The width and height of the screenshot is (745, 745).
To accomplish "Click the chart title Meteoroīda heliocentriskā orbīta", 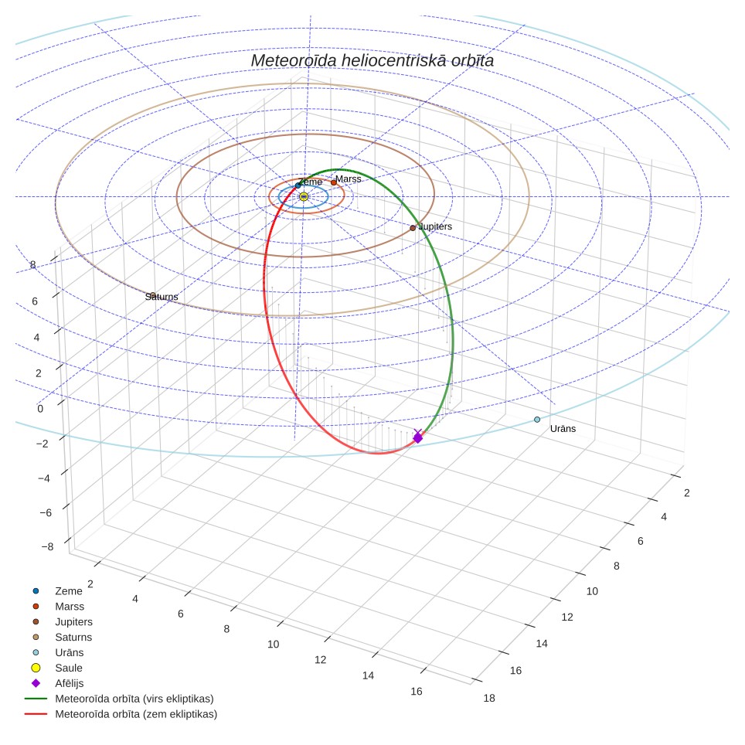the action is (x=372, y=61).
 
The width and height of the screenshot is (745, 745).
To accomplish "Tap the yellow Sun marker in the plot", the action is (x=304, y=197).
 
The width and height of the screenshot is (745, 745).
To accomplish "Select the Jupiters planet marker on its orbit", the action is (x=413, y=228).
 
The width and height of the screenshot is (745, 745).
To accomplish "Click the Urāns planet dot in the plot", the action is (x=537, y=420).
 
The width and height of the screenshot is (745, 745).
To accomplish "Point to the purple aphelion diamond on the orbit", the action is (x=417, y=437).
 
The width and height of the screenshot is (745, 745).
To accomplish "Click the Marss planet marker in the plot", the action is (x=334, y=182).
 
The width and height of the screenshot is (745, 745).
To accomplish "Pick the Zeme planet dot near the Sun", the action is (x=298, y=185).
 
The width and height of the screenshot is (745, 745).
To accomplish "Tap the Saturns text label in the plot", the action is (x=162, y=297).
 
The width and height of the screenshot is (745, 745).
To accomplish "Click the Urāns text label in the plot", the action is (x=563, y=429).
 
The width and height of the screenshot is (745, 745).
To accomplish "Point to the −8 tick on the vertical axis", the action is (x=47, y=546).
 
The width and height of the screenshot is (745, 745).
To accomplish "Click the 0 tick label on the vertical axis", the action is (x=40, y=409).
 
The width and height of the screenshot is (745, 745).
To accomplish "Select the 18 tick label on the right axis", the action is (x=489, y=698).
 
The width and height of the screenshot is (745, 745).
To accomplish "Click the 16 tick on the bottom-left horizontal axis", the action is (x=417, y=692).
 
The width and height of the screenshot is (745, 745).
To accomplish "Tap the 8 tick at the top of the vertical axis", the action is (x=32, y=264).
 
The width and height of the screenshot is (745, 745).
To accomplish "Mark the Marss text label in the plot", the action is (x=349, y=179).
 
